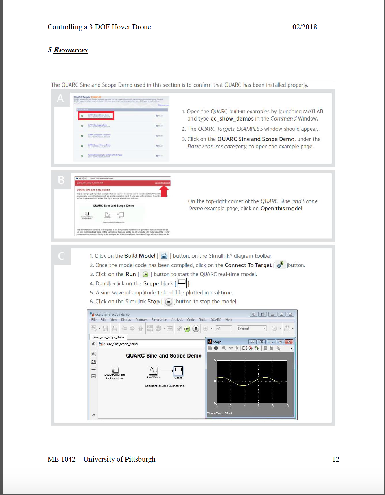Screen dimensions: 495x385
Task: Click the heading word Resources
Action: coord(71,50)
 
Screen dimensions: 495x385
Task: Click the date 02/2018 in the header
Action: coord(304,27)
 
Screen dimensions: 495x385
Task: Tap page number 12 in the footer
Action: coord(336,459)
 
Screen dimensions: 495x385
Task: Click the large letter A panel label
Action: coord(61,98)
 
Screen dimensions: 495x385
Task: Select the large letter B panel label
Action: coord(61,180)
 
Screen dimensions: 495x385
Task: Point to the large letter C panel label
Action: coord(61,256)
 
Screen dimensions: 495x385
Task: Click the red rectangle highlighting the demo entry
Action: coord(96,116)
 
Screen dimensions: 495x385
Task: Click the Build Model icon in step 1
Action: coord(164,256)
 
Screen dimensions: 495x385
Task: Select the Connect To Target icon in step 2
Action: coord(280,265)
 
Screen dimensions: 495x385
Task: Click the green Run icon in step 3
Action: coord(145,274)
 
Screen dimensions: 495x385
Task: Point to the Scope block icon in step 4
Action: coord(182,283)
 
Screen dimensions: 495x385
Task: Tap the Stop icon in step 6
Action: coord(168,302)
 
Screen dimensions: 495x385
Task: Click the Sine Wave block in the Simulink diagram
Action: coord(153,371)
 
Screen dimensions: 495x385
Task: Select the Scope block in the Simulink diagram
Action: coord(178,371)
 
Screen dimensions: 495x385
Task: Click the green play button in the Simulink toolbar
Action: coord(187,329)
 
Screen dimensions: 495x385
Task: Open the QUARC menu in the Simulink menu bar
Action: coord(216,320)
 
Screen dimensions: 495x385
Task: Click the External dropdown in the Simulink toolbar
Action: coord(252,329)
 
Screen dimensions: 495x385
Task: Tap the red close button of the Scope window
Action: coord(289,342)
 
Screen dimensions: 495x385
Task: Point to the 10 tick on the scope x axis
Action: coord(287,406)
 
